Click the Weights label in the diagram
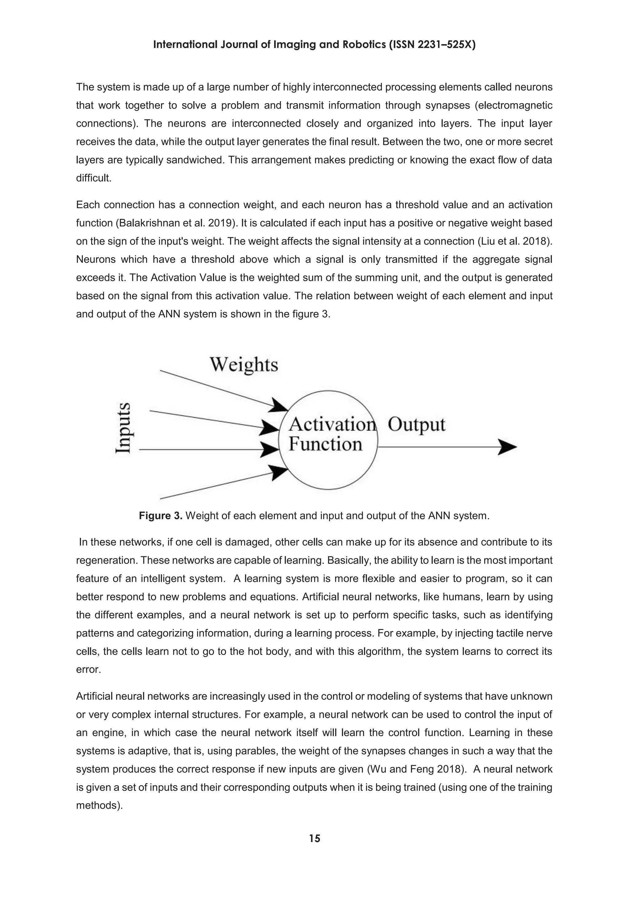pyautogui.click(x=244, y=365)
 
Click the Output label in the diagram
pyautogui.click(x=416, y=425)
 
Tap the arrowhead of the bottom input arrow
pyautogui.click(x=279, y=472)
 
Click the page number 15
pyautogui.click(x=314, y=838)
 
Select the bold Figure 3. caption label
pyautogui.click(x=161, y=516)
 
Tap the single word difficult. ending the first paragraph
pyautogui.click(x=94, y=178)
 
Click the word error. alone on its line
pyautogui.click(x=88, y=670)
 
